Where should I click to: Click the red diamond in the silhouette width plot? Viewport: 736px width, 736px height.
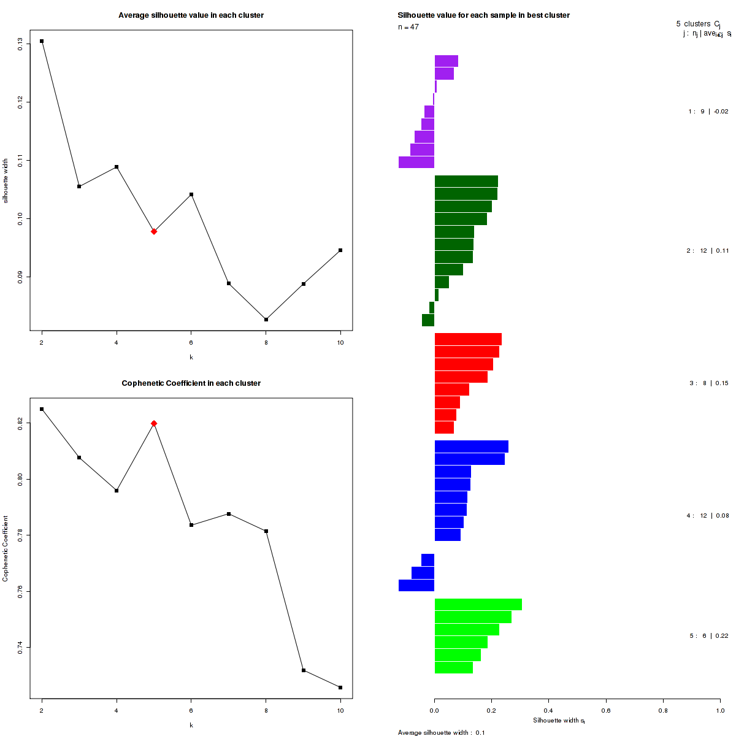click(x=154, y=231)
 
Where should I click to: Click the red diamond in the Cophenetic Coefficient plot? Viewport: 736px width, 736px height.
click(x=154, y=423)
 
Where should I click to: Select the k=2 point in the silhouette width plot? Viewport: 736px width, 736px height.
click(x=42, y=41)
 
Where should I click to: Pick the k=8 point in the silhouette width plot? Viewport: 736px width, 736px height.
click(x=266, y=320)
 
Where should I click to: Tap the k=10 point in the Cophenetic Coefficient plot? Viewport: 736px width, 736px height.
click(x=340, y=688)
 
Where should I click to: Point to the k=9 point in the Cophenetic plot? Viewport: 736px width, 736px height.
click(x=304, y=670)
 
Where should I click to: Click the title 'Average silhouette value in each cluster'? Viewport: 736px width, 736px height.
click(x=191, y=15)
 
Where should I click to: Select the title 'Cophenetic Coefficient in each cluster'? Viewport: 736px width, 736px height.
click(x=191, y=383)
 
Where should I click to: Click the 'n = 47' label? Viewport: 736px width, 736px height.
click(x=408, y=28)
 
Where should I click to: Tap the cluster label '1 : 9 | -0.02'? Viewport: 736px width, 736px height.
click(x=708, y=112)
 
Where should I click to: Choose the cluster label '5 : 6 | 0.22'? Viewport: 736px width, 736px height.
click(x=709, y=636)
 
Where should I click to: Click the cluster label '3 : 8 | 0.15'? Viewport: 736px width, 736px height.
click(x=709, y=383)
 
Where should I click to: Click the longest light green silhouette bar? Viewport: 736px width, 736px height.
click(x=478, y=605)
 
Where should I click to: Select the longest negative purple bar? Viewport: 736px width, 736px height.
click(x=416, y=162)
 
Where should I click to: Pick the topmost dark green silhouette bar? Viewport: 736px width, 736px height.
click(x=466, y=182)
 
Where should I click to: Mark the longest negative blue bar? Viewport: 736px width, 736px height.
click(x=416, y=585)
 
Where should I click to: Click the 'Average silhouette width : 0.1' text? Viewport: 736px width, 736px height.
click(x=442, y=732)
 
